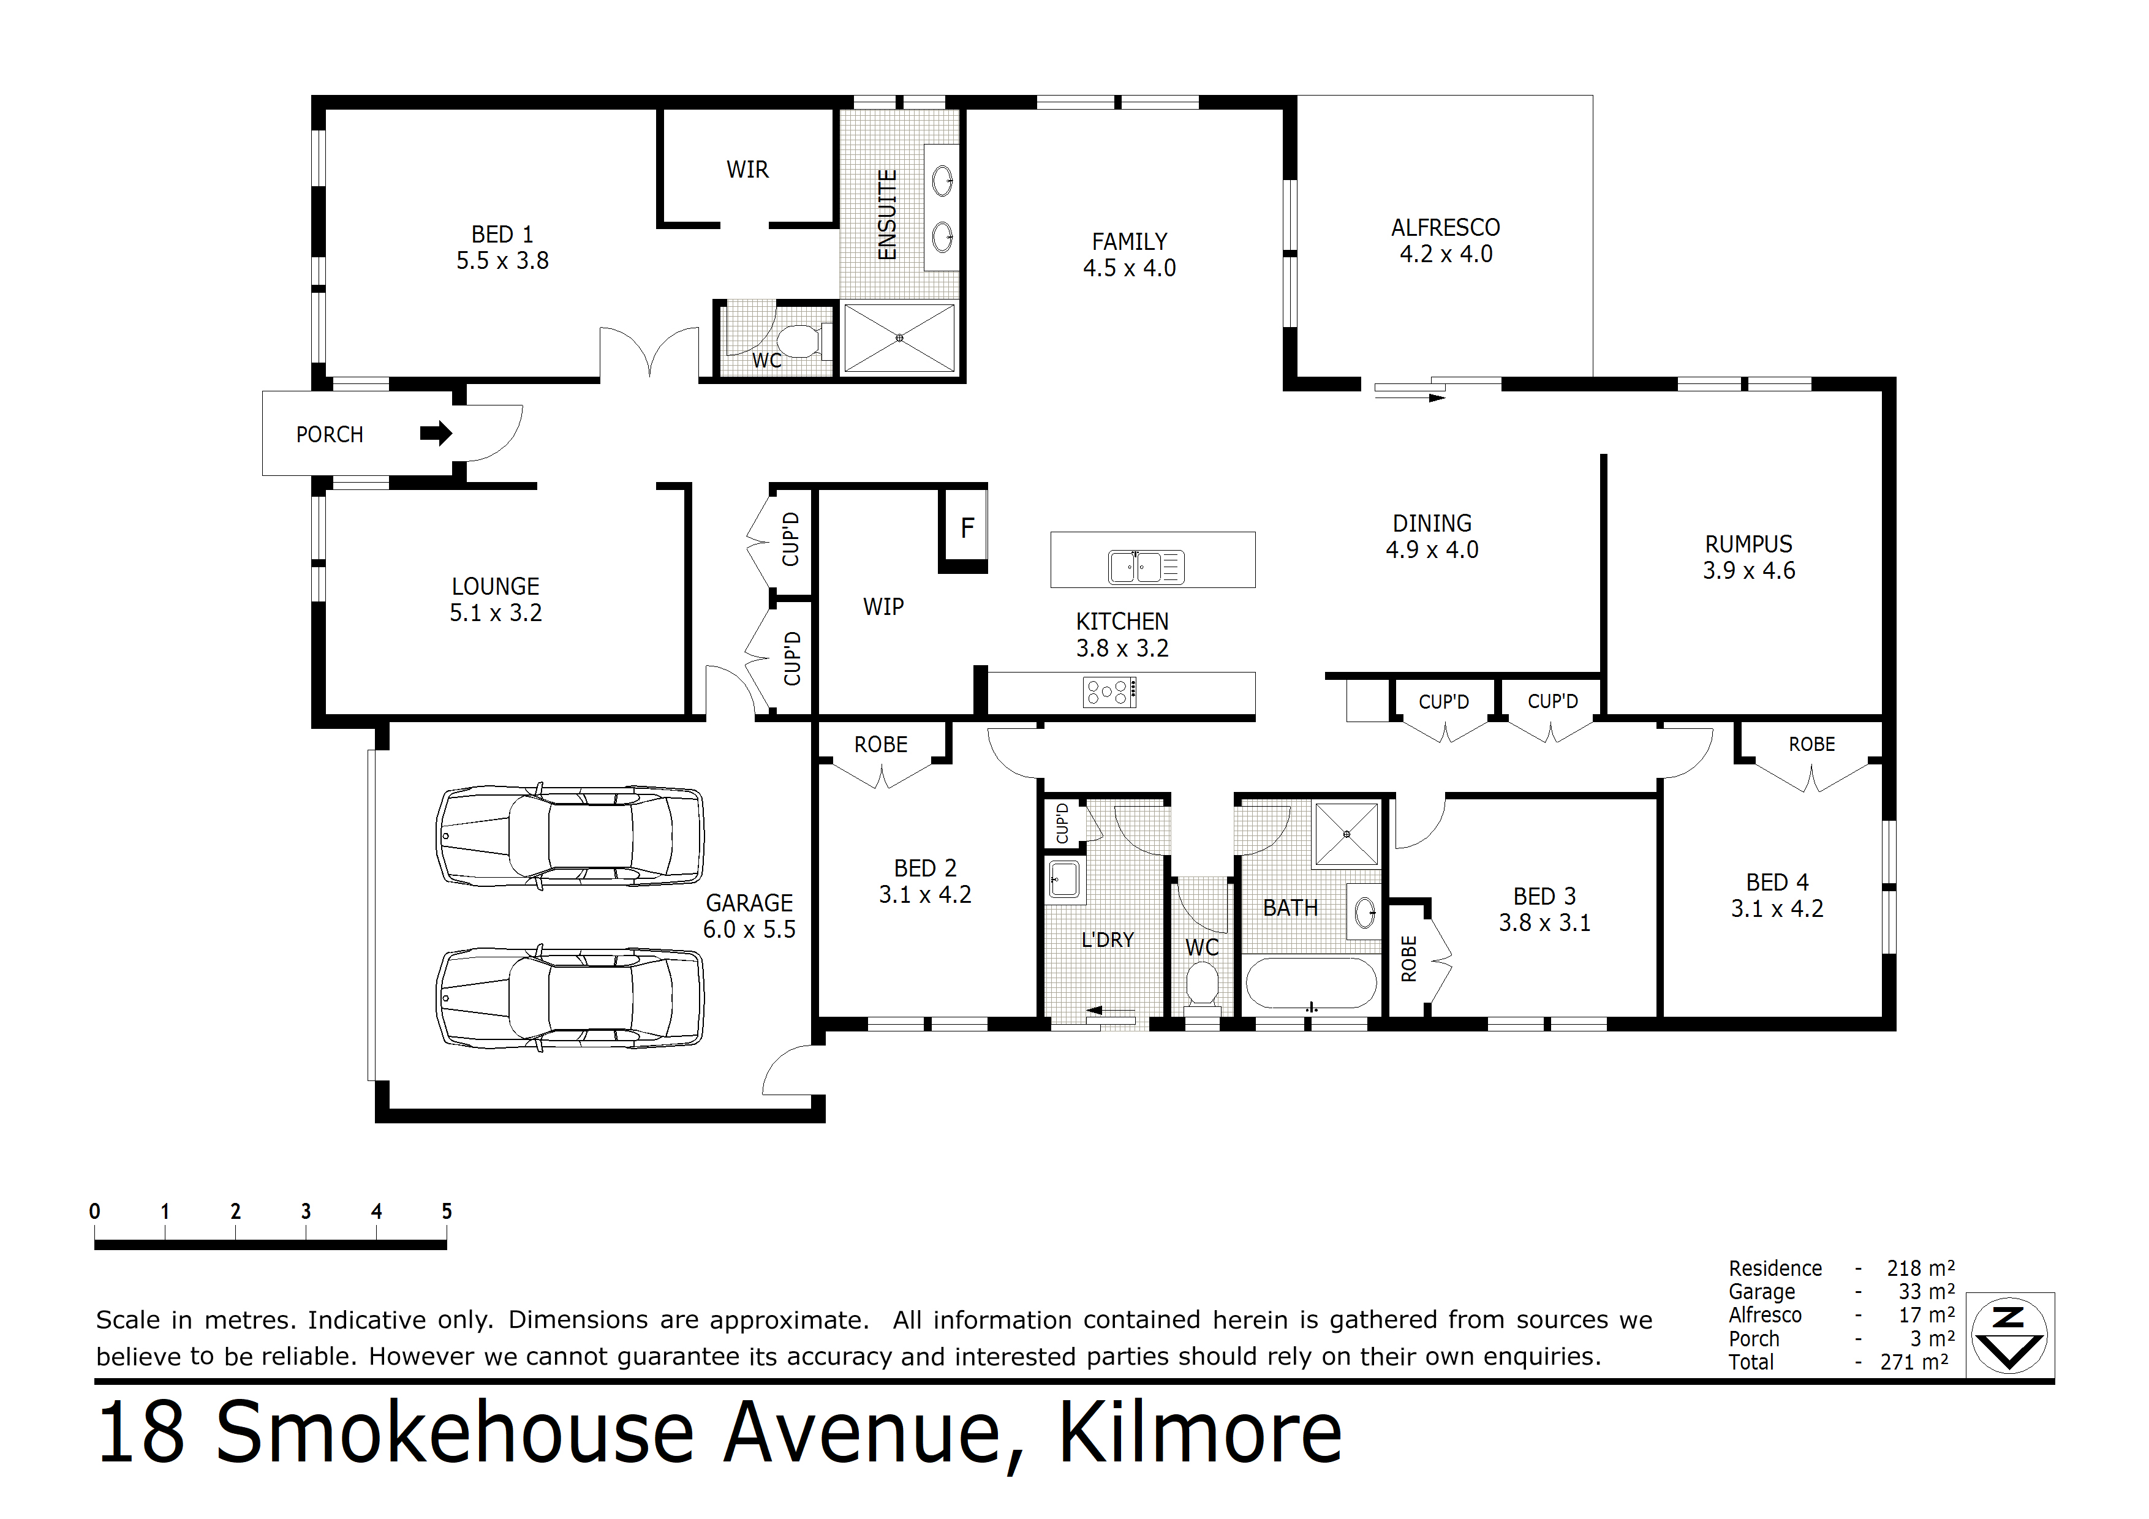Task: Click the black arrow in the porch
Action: point(435,433)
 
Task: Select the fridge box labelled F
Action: point(967,528)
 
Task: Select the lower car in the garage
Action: point(570,998)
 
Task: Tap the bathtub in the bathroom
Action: point(1310,982)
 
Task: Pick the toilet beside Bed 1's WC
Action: point(796,342)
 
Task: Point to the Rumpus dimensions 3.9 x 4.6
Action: point(1748,571)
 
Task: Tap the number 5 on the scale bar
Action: point(447,1211)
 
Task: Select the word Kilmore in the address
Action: point(1200,1433)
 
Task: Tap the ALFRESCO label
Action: point(1445,227)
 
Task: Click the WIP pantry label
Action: point(883,606)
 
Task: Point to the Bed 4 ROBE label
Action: point(1811,744)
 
